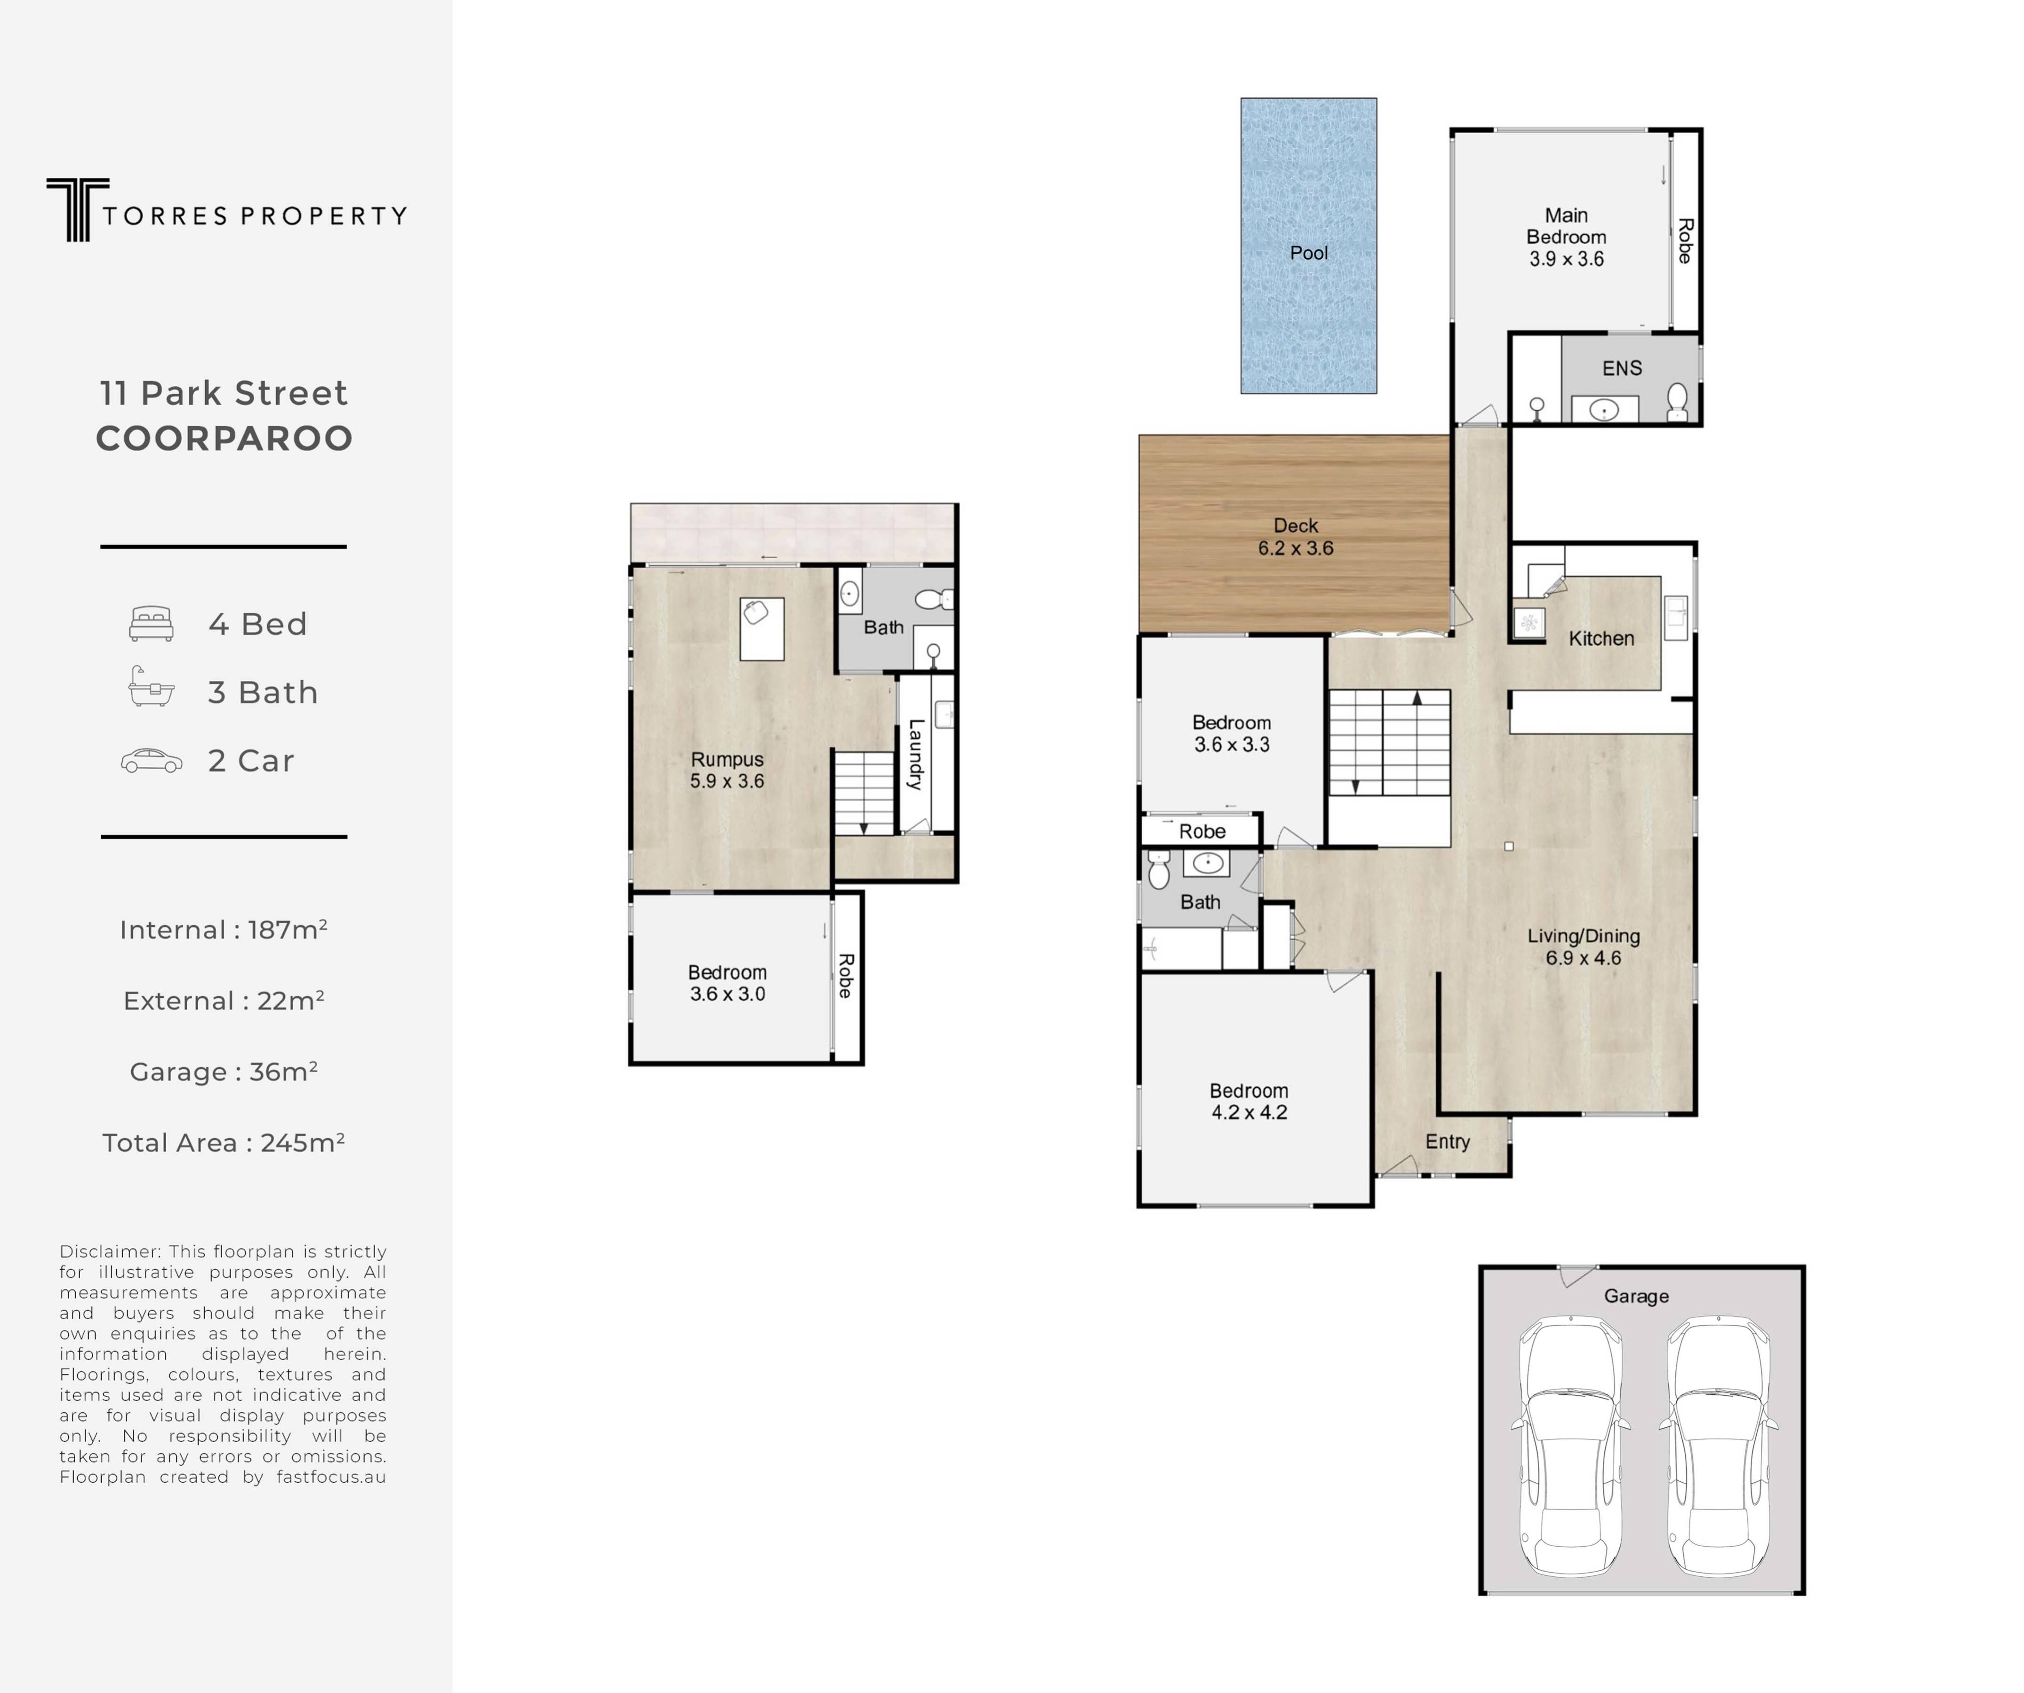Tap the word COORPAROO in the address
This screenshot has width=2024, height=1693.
(224, 438)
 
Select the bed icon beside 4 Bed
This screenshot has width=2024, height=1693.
(152, 623)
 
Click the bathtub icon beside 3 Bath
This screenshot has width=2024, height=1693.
(152, 687)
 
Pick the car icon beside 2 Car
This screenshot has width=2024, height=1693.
(152, 761)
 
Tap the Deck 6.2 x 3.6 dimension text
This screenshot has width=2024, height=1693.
(1296, 548)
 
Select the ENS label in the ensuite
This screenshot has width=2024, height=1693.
(1622, 368)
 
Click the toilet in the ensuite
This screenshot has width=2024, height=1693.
(1677, 402)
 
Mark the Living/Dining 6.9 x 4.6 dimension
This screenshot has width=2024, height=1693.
(1584, 958)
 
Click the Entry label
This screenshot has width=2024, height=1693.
(1448, 1142)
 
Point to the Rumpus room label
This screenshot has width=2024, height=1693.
(727, 759)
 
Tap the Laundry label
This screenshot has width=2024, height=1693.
(916, 755)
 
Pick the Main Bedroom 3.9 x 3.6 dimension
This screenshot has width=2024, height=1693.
(1566, 258)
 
